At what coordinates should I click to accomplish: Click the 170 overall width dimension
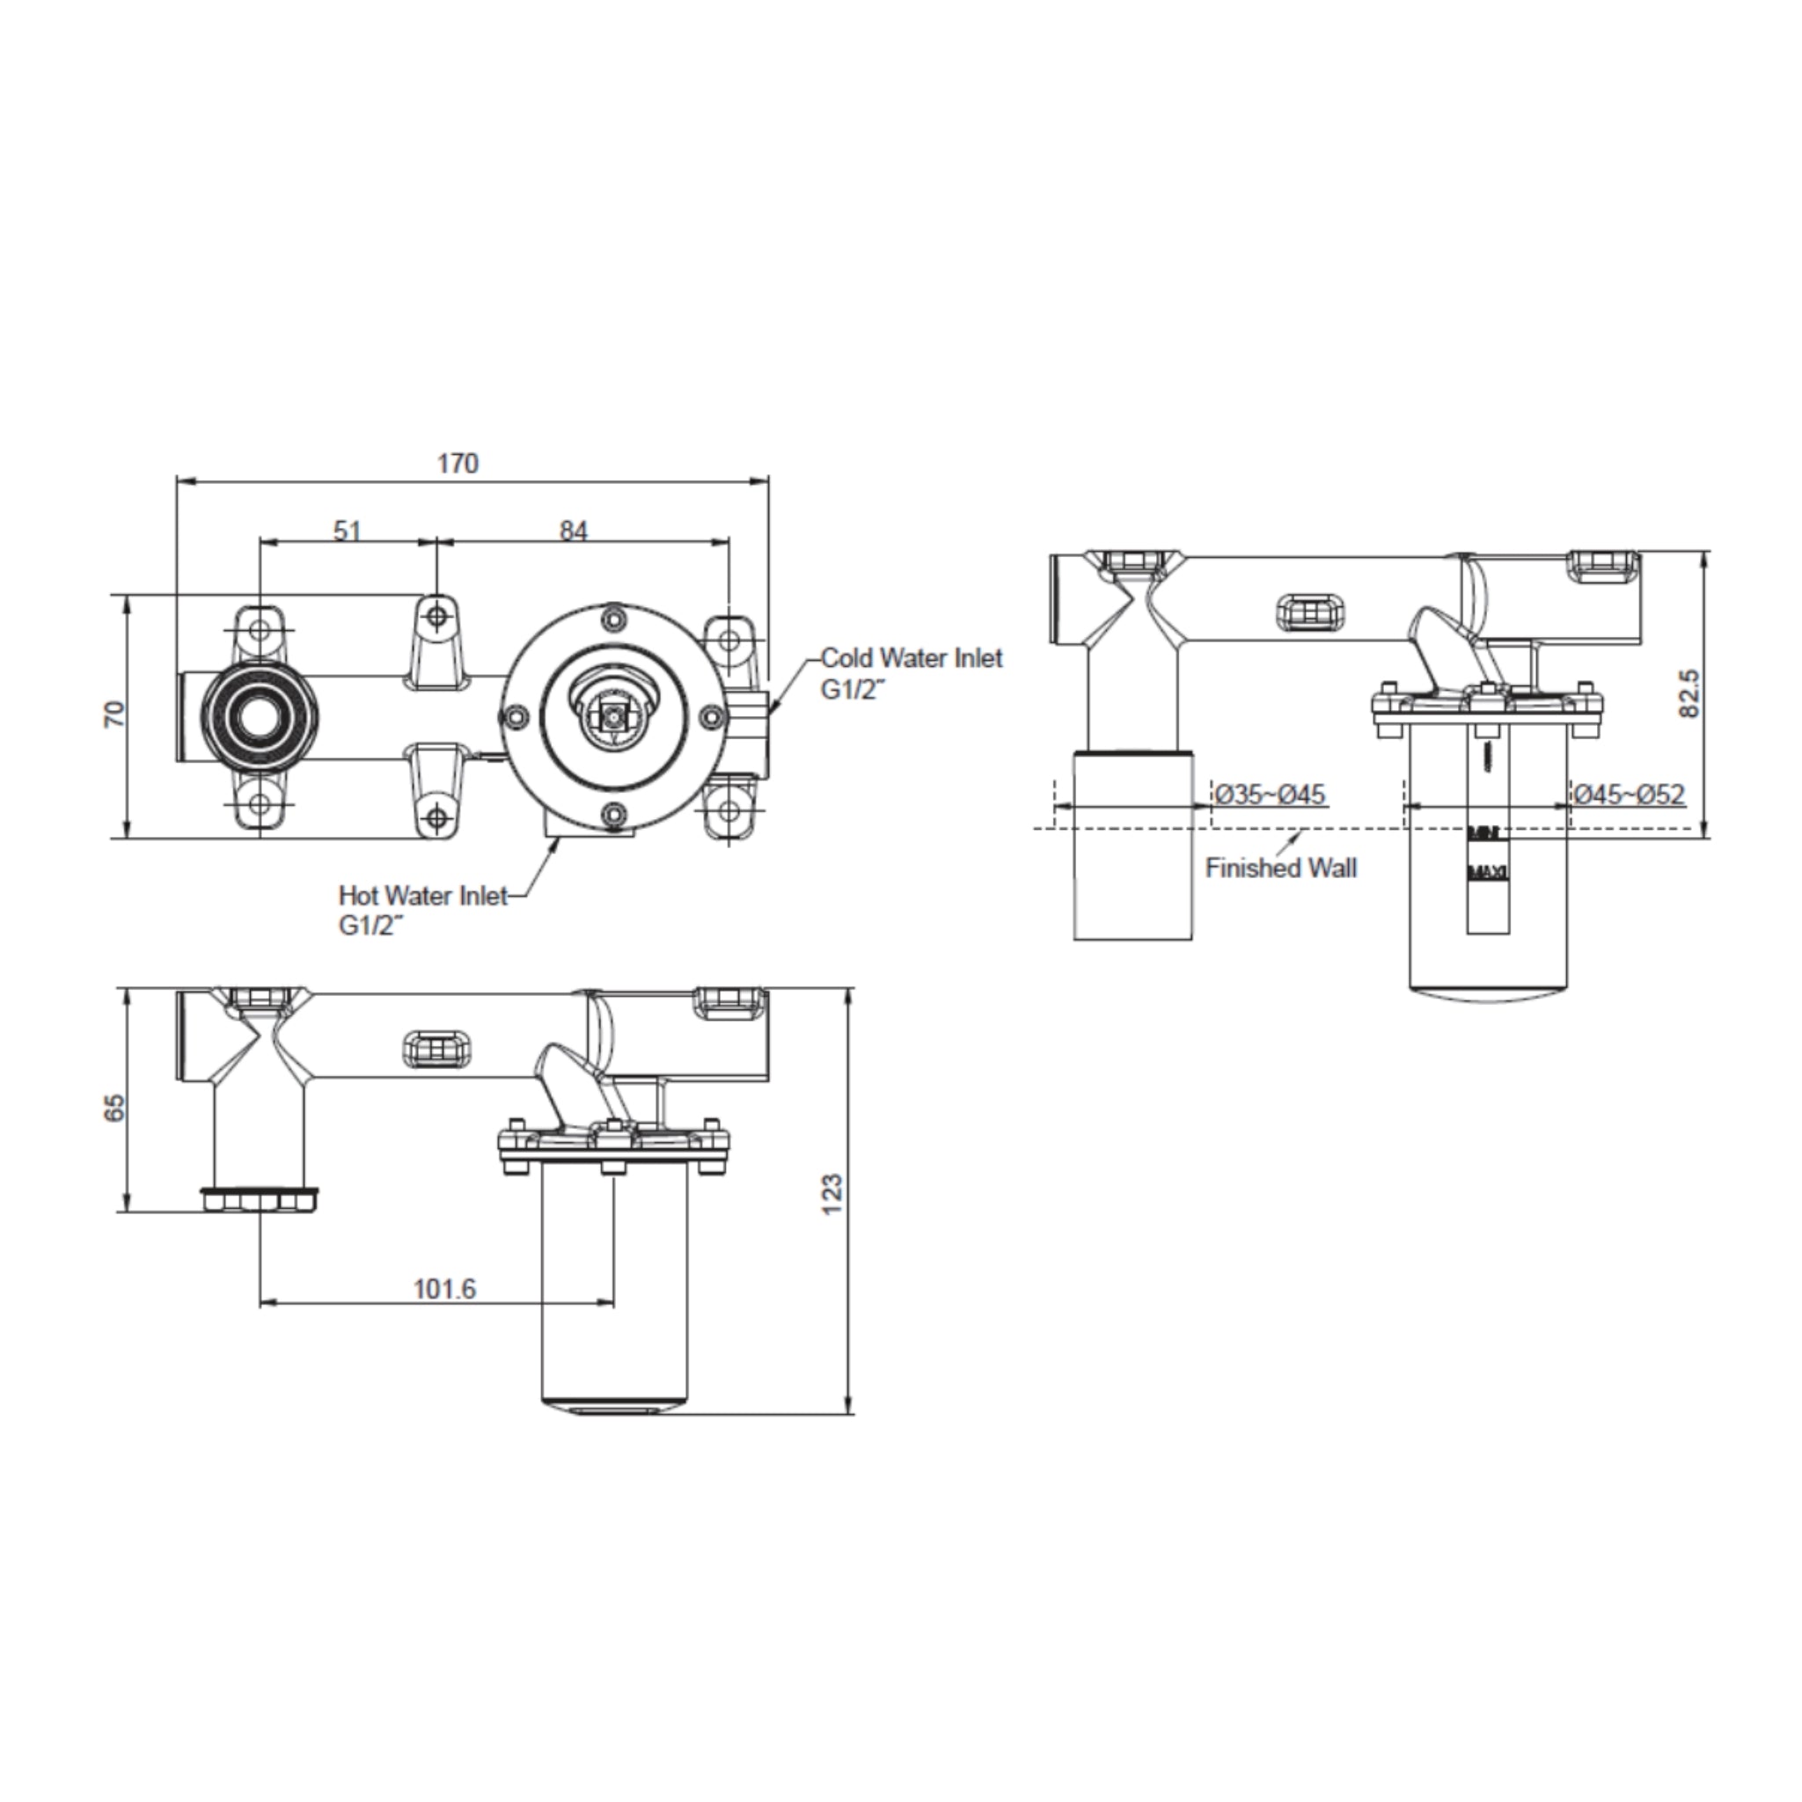458,463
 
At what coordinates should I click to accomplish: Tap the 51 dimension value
347,531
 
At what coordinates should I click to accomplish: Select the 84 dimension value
574,531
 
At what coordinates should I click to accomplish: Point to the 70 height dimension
114,715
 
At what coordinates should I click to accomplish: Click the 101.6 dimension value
444,1289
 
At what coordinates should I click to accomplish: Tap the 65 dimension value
114,1108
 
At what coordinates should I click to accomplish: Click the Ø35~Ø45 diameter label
1271,795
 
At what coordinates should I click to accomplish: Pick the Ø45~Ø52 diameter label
1630,795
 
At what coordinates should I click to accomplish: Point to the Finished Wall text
1280,868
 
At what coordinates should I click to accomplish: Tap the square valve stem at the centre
612,716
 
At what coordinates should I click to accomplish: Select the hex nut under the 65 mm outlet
260,1199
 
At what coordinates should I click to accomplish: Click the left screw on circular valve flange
513,716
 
